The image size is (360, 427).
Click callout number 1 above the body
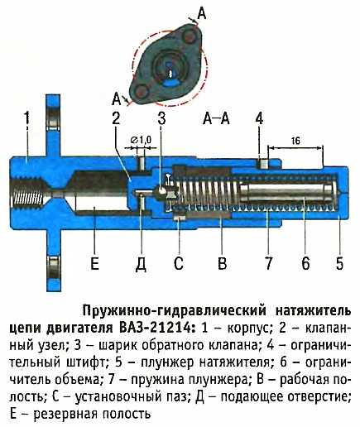pyautogui.click(x=26, y=118)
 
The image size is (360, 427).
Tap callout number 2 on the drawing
pyautogui.click(x=116, y=118)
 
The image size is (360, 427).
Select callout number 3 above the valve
pyautogui.click(x=161, y=118)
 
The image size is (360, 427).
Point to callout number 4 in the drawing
pyautogui.click(x=259, y=118)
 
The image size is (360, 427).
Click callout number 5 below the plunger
pyautogui.click(x=339, y=263)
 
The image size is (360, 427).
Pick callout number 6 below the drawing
pyautogui.click(x=305, y=263)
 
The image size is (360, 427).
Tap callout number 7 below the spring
pyautogui.click(x=269, y=263)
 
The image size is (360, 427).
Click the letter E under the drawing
pyautogui.click(x=94, y=263)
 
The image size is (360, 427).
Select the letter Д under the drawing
pyautogui.click(x=141, y=264)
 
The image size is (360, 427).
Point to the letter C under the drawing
pyautogui.click(x=178, y=263)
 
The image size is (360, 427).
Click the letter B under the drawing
pyautogui.click(x=222, y=263)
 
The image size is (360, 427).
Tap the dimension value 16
pyautogui.click(x=295, y=141)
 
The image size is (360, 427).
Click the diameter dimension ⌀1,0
pyautogui.click(x=140, y=141)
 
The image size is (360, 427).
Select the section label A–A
pyautogui.click(x=216, y=118)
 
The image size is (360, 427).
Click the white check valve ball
pyautogui.click(x=161, y=190)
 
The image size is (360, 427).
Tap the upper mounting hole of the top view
pyautogui.click(x=190, y=36)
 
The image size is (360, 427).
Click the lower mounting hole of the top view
pyautogui.click(x=142, y=91)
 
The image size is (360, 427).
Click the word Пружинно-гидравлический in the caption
pyautogui.click(x=174, y=311)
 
